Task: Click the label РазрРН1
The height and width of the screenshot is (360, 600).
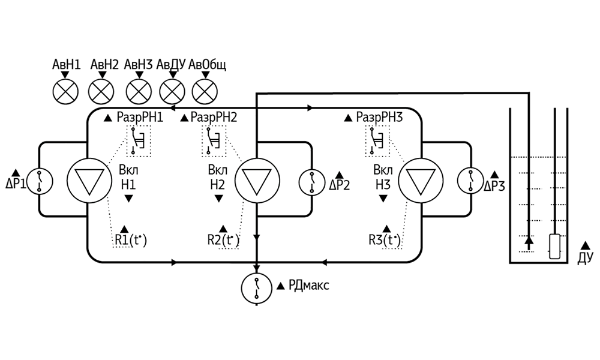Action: point(140,118)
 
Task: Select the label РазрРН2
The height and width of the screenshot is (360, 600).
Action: point(214,118)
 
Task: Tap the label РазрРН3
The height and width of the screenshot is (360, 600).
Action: point(379,118)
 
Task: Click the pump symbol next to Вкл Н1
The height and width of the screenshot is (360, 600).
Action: point(86,181)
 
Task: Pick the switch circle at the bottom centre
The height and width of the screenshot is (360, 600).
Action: point(256,289)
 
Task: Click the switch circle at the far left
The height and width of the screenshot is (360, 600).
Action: point(40,181)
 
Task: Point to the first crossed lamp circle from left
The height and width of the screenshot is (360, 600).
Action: point(66,92)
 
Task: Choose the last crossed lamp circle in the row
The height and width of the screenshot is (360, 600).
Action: point(205,92)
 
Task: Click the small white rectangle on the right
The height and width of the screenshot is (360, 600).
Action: point(555,247)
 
